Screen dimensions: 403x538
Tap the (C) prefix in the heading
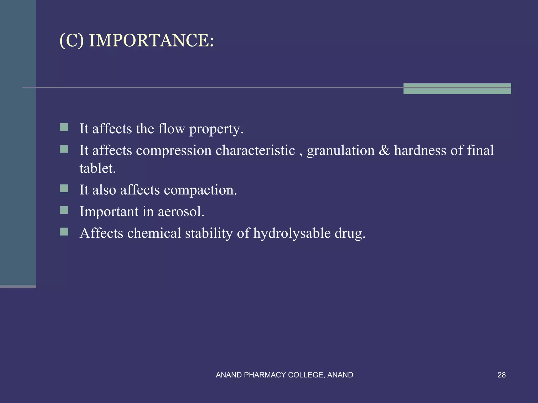(71, 41)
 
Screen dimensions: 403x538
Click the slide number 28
(501, 375)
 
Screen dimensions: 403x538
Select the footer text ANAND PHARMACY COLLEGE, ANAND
(284, 375)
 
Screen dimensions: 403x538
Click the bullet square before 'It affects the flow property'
(64, 128)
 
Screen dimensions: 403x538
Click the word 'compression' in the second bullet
(174, 151)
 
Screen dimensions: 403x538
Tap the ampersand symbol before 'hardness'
(384, 151)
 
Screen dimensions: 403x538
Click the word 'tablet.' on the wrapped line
(97, 168)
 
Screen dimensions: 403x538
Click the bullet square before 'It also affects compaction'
(64, 188)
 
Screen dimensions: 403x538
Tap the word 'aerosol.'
(181, 211)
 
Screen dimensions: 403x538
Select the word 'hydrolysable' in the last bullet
(292, 233)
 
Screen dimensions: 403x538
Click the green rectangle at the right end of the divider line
(457, 89)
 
